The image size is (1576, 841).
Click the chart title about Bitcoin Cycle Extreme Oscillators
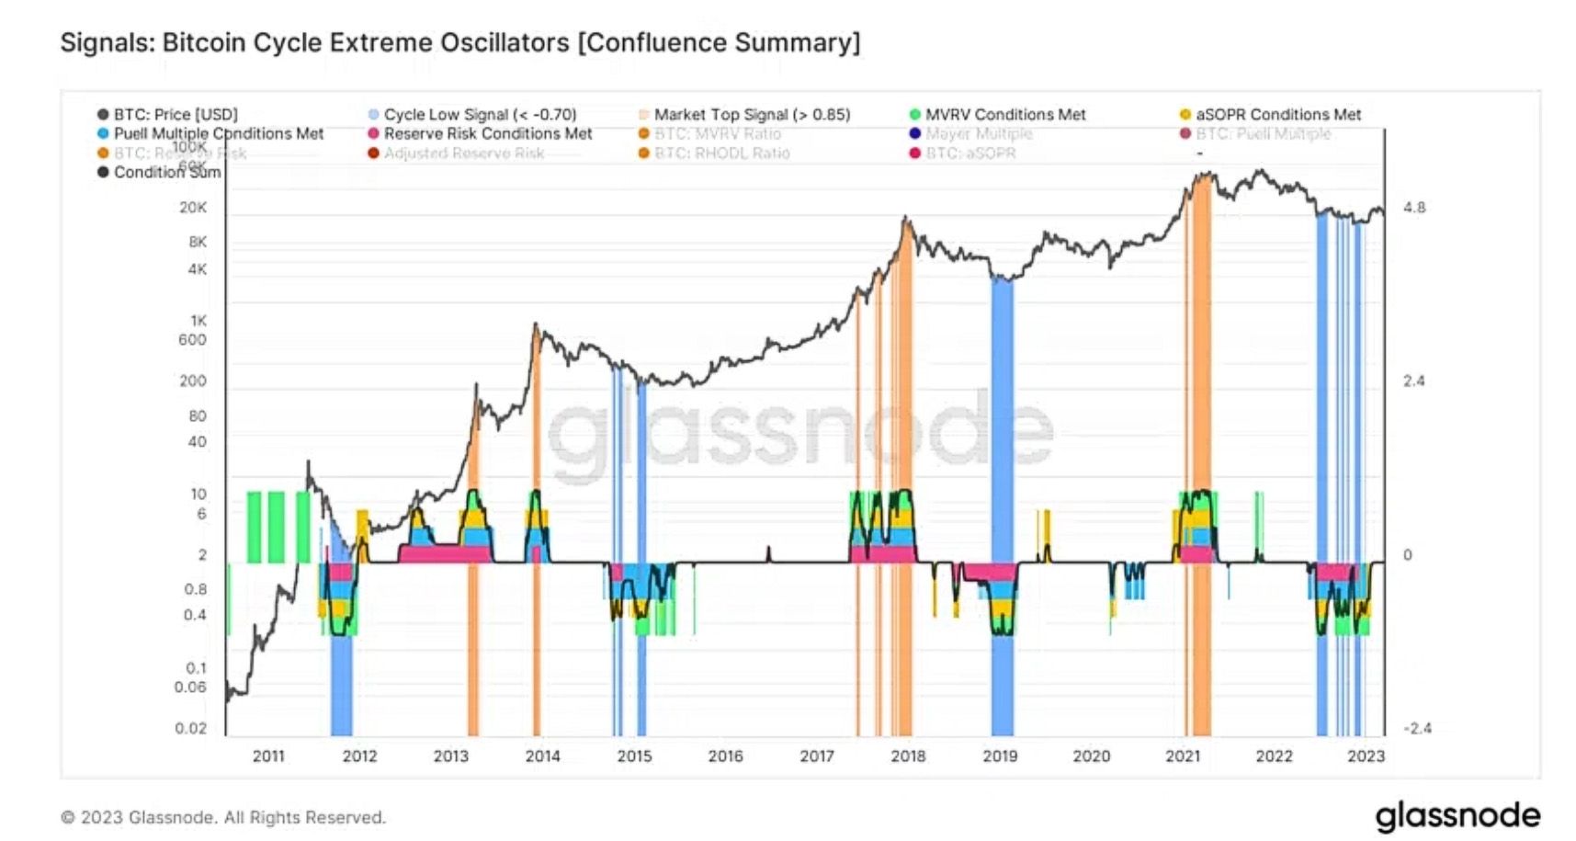459,42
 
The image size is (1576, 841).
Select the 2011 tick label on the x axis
268,756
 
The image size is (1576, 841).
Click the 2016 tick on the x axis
725,756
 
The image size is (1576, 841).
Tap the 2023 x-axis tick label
1365,756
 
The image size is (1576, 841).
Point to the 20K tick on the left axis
193,208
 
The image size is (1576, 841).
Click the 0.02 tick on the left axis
191,729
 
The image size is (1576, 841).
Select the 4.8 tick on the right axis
1414,208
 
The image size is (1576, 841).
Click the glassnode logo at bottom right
1457,816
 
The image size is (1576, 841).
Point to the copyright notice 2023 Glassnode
223,817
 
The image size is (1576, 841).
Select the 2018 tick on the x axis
908,756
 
